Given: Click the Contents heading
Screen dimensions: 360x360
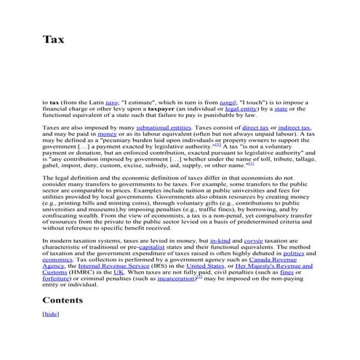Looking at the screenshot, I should click(63, 300).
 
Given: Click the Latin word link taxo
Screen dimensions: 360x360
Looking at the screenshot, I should click(111, 103).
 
